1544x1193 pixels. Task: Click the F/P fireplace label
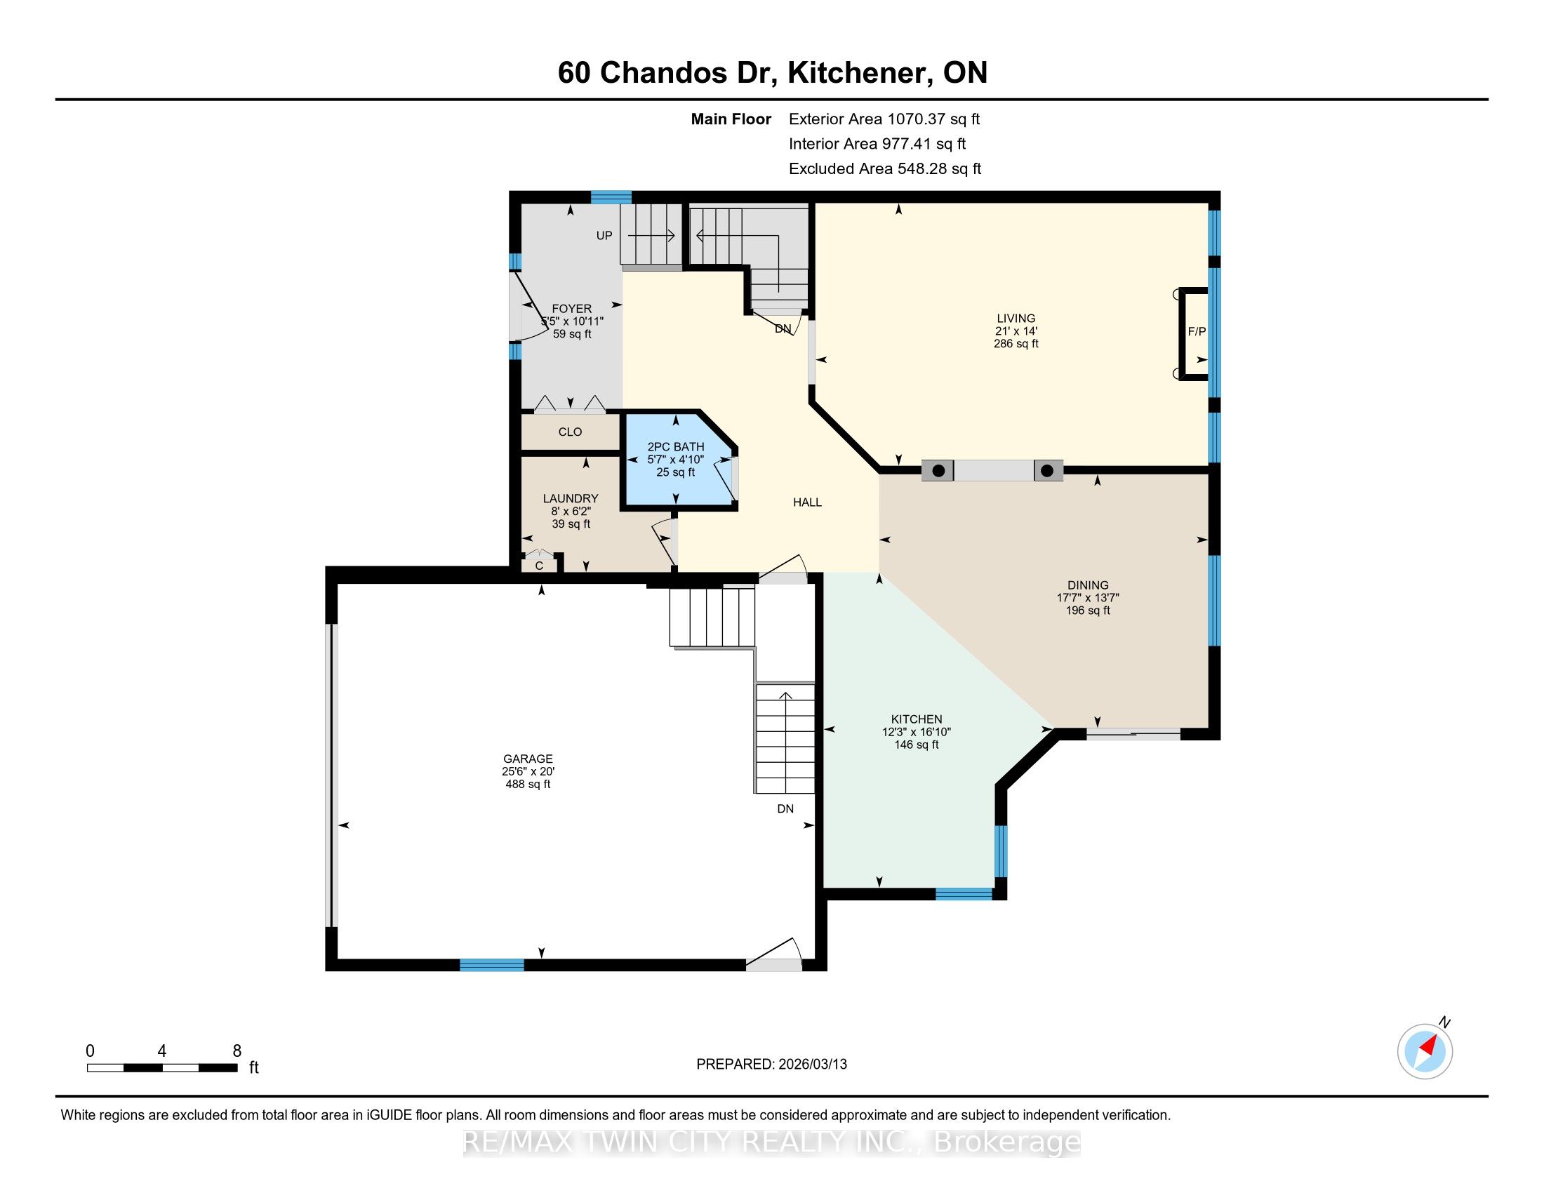point(1196,331)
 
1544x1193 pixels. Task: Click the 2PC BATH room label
point(676,446)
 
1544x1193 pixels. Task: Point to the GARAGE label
point(528,759)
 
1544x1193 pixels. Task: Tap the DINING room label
point(1088,585)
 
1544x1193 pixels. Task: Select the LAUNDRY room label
point(571,498)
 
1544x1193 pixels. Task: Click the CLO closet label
point(570,432)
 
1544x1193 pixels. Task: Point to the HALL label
point(807,502)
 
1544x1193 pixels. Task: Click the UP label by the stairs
point(604,236)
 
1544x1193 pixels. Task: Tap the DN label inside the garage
point(785,809)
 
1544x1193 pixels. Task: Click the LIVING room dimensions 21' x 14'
point(1016,331)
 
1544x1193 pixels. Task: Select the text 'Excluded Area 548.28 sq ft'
point(885,169)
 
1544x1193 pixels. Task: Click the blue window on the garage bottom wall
point(492,965)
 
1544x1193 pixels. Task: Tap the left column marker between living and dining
point(938,471)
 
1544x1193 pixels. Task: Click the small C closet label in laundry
point(540,566)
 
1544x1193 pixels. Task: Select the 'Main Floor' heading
point(731,119)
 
